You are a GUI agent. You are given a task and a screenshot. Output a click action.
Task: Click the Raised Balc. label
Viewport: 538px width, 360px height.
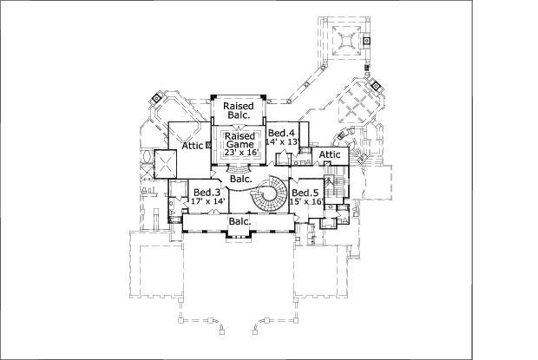[x=239, y=110]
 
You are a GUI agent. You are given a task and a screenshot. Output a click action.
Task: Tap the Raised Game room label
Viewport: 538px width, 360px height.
[x=239, y=140]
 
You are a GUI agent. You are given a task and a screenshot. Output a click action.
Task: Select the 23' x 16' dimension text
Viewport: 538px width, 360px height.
[x=241, y=152]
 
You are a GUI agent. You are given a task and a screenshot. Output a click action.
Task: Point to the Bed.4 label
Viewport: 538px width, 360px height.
[x=281, y=133]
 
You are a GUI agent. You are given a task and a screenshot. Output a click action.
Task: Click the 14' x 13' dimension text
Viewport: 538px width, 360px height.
[x=283, y=141]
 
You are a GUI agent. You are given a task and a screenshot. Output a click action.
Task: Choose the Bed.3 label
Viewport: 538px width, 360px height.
[x=207, y=192]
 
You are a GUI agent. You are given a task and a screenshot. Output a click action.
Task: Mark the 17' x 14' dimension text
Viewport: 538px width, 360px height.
[x=208, y=201]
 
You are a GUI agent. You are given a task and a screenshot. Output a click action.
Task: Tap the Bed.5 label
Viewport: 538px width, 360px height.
[x=305, y=193]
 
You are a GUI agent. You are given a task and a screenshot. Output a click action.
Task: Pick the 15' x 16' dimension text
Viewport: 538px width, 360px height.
[x=306, y=201]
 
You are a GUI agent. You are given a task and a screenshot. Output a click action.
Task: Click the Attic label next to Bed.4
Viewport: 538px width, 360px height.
[x=330, y=154]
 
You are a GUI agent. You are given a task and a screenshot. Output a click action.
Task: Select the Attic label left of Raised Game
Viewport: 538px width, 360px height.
[x=193, y=146]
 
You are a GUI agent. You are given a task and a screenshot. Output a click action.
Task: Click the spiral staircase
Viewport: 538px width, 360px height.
[x=270, y=193]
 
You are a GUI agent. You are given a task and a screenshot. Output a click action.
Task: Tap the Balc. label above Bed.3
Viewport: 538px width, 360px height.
[x=241, y=179]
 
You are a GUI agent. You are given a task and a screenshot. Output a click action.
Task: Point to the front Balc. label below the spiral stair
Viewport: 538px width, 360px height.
[x=239, y=221]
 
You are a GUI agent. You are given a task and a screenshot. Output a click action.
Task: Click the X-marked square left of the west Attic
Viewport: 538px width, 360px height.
[x=165, y=164]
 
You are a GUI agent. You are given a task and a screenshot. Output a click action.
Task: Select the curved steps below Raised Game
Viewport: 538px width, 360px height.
[x=239, y=169]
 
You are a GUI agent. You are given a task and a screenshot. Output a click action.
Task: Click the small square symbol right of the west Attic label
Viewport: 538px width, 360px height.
[x=208, y=146]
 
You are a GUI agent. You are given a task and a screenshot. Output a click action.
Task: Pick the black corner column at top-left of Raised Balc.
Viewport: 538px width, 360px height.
[x=213, y=97]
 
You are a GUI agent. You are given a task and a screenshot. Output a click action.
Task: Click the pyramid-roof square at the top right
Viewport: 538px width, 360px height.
[x=347, y=41]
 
